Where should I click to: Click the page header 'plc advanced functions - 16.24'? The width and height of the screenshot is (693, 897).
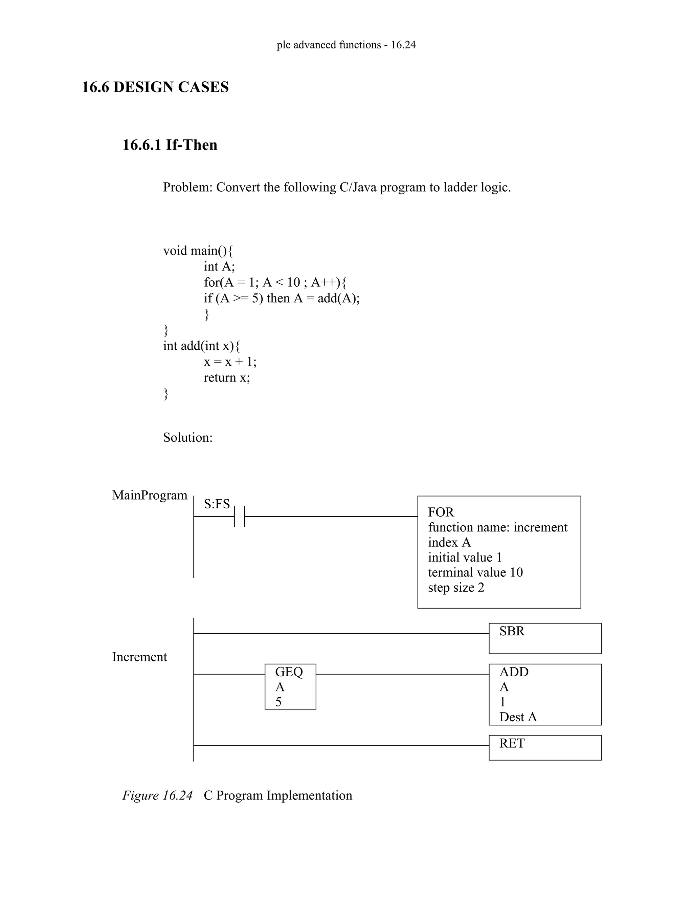pos(346,45)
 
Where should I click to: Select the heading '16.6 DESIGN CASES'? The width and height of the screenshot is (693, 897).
pos(155,87)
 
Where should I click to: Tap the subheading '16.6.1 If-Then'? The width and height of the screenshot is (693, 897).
pos(170,145)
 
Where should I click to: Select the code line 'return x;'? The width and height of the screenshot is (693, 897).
pos(227,377)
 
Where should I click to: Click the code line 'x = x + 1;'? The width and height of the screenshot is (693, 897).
pos(230,362)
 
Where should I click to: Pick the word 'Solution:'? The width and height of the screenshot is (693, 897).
pos(187,437)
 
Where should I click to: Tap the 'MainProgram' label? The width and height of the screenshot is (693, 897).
pos(150,495)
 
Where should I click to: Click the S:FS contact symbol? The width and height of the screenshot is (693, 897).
pos(239,516)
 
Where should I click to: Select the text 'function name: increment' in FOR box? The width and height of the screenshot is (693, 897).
pos(497,527)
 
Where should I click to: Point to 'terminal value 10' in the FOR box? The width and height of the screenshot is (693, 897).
pos(475,572)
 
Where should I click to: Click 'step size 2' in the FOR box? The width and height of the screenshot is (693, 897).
pos(456,588)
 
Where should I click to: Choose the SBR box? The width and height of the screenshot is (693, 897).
pos(545,638)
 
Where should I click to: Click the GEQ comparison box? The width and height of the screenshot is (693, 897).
pos(290,686)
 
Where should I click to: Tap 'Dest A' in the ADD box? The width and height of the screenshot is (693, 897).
pos(518,717)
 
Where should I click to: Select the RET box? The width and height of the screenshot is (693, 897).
pos(545,747)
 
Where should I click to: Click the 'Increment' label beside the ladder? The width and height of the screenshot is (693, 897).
pos(140,657)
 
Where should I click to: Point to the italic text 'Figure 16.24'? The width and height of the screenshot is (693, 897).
pos(157,795)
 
